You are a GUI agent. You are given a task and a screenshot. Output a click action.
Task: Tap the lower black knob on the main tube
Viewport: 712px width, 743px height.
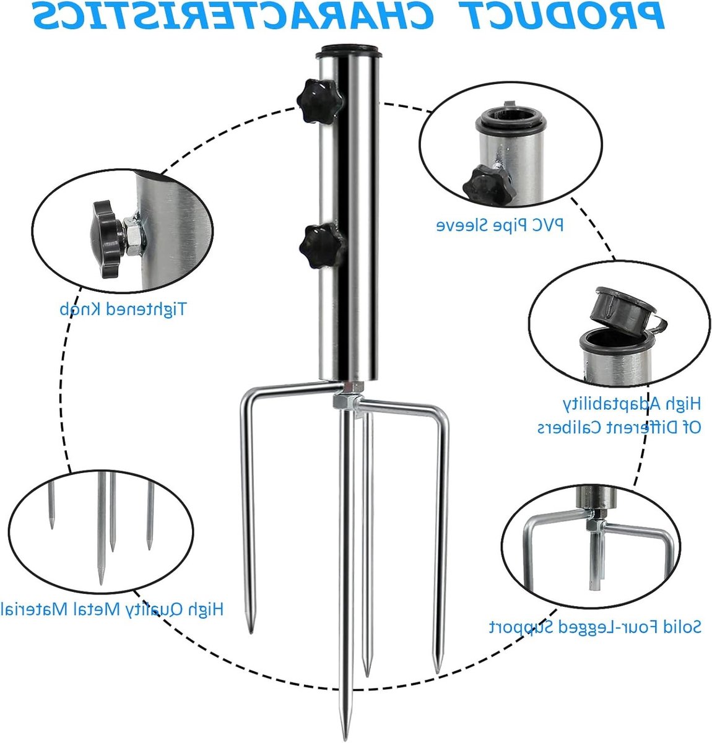(323, 246)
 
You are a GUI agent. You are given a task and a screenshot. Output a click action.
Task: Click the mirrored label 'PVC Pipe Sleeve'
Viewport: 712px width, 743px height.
(500, 225)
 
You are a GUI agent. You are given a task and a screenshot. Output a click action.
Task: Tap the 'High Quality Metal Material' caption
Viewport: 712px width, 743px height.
(111, 609)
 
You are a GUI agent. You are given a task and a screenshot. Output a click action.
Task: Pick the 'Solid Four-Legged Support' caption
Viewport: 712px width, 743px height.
(595, 637)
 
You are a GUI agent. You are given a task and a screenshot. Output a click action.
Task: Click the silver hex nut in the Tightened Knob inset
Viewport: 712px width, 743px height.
(134, 236)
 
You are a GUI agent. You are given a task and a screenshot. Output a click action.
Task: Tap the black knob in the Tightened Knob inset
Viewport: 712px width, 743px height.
(107, 238)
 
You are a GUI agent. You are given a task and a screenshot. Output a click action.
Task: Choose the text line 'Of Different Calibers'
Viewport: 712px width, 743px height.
(619, 427)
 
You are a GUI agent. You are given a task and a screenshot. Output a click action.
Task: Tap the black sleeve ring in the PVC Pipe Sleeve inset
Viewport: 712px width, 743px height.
(510, 119)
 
